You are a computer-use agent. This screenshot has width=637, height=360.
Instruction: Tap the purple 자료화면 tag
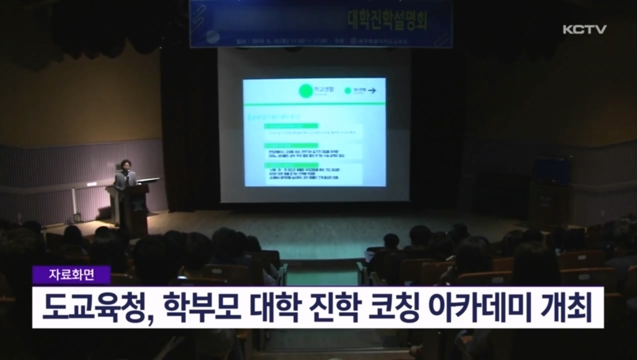click(71, 274)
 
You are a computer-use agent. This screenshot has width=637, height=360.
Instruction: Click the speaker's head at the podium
click(125, 164)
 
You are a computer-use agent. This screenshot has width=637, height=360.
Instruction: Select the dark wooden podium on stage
click(133, 207)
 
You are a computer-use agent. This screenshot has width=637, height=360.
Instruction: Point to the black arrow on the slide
click(372, 90)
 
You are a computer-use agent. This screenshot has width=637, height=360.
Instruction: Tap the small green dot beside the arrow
click(347, 90)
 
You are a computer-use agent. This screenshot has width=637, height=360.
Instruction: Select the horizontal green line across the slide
click(314, 103)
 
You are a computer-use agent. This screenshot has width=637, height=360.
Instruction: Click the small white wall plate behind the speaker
click(91, 184)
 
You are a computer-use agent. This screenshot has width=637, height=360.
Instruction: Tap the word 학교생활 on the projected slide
click(320, 89)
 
